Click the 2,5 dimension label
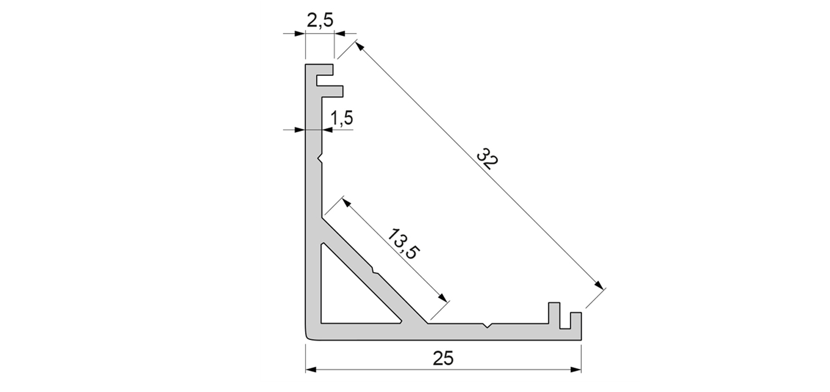(320, 21)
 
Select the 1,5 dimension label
(342, 118)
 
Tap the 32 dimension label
(487, 159)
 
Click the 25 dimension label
(443, 359)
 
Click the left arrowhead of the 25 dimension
(311, 369)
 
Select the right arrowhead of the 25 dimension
(576, 369)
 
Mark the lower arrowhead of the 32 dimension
(598, 284)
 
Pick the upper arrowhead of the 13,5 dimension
(346, 202)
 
